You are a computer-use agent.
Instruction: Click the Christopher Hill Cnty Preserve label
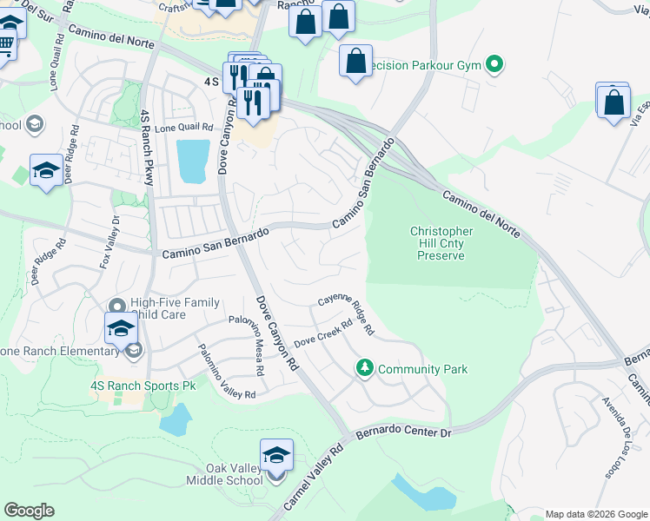441,243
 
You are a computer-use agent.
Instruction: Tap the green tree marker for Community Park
366,369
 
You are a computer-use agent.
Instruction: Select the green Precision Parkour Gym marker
494,64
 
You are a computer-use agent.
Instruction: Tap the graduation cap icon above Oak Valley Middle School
276,456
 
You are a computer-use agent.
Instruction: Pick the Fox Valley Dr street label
109,241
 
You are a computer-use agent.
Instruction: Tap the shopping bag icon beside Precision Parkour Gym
355,62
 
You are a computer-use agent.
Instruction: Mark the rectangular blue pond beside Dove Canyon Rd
193,161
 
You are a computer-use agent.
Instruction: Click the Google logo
29,511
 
